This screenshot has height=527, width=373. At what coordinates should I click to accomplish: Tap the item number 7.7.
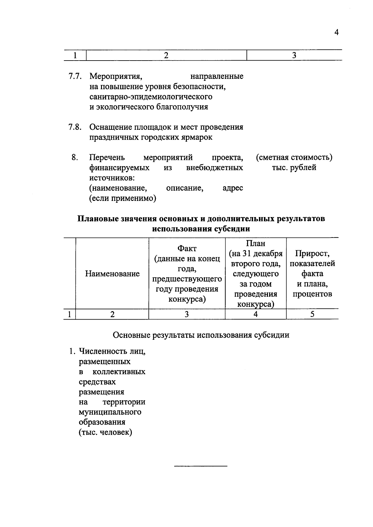(x=75, y=76)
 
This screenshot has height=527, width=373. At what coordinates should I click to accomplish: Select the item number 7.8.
(x=75, y=127)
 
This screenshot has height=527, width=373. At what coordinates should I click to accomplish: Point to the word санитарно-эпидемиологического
(x=151, y=97)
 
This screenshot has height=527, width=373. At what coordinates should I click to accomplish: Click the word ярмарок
(x=197, y=137)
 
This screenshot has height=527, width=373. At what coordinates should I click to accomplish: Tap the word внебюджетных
(x=214, y=168)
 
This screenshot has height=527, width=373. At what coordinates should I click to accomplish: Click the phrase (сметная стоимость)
(x=294, y=158)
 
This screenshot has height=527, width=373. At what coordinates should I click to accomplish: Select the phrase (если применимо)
(x=122, y=198)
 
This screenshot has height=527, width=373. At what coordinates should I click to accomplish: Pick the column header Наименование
(x=112, y=274)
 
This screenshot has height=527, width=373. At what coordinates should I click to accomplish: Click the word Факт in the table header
(x=187, y=249)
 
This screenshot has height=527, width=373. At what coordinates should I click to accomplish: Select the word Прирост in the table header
(x=312, y=254)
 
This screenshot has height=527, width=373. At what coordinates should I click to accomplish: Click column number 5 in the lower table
(x=312, y=314)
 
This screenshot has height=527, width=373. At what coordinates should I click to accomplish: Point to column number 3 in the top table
(x=294, y=56)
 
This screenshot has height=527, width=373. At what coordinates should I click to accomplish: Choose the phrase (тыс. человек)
(x=105, y=432)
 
